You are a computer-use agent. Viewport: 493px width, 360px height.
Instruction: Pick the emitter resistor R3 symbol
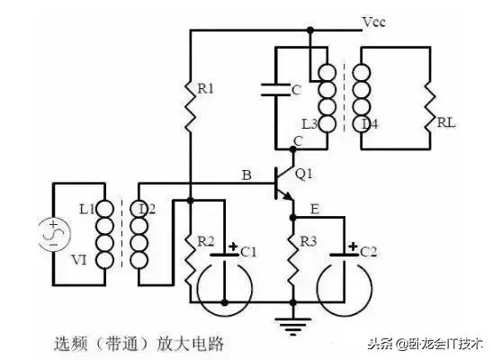[291, 255]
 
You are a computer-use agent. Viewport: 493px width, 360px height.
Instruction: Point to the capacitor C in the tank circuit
[273, 91]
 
